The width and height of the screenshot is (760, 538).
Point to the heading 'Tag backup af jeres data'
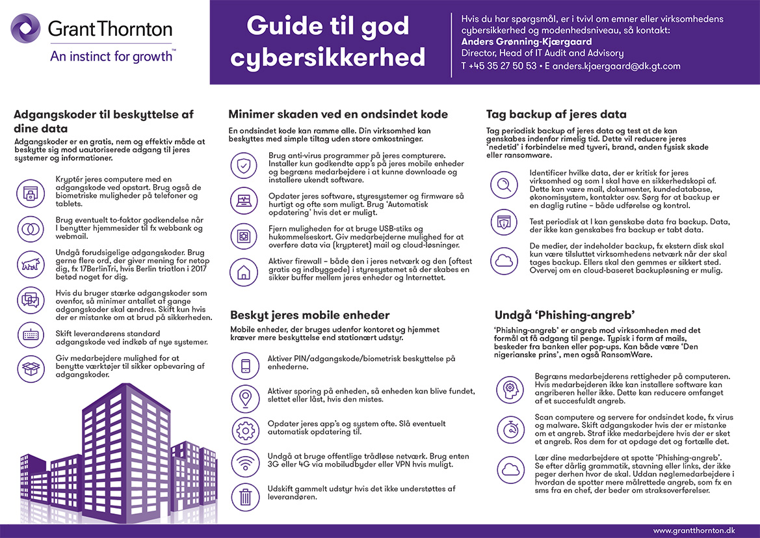[x=556, y=114]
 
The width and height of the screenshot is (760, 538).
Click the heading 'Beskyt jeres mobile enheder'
[x=309, y=315]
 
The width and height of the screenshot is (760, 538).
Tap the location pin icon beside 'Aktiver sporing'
[x=246, y=396]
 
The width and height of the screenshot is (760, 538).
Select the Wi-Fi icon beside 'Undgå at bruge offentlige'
[x=246, y=463]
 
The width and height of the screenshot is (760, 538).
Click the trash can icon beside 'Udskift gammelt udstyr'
[x=246, y=497]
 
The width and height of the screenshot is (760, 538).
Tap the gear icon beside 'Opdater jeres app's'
[x=246, y=430]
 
